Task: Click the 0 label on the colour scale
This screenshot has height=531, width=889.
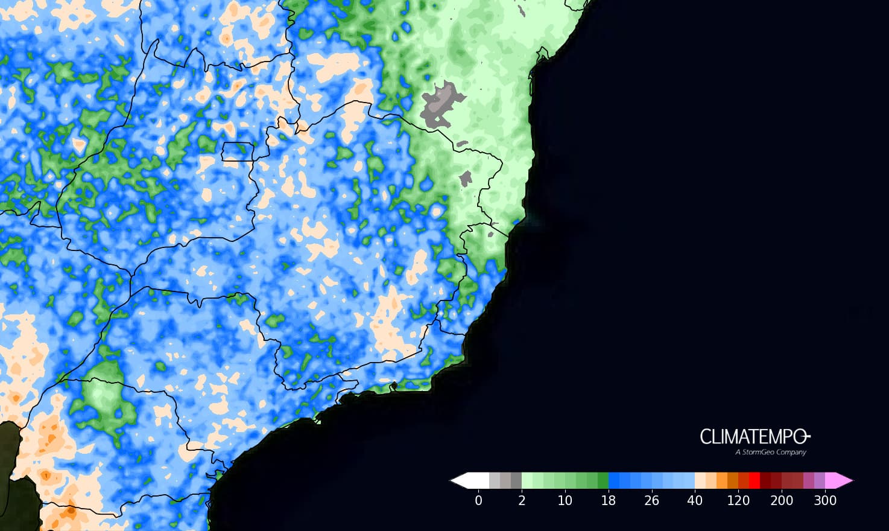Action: (478, 500)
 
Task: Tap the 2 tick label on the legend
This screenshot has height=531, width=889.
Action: (522, 500)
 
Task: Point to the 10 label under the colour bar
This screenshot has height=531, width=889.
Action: (565, 500)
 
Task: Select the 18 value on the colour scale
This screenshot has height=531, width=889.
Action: (608, 500)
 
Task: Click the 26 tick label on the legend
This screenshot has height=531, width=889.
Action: (651, 500)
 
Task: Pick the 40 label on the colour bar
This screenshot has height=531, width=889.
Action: (695, 500)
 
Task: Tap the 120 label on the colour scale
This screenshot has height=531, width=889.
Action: (738, 500)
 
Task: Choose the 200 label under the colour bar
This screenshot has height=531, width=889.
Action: (782, 500)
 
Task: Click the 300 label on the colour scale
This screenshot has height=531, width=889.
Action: (825, 500)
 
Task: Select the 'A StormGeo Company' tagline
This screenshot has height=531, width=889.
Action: (770, 452)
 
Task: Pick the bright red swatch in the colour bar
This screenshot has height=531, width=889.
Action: (754, 480)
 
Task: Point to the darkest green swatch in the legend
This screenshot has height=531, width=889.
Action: (603, 480)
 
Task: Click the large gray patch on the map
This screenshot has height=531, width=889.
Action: (440, 104)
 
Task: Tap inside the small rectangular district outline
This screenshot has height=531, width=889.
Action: (236, 151)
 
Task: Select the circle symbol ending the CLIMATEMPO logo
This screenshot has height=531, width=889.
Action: (806, 436)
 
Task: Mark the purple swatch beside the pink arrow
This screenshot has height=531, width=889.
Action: (819, 480)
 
